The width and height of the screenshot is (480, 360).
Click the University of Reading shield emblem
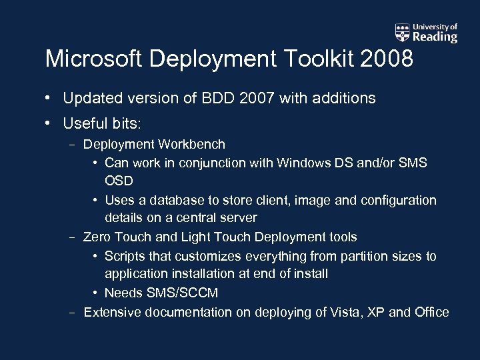pyautogui.click(x=402, y=32)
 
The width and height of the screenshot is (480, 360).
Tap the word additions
pyautogui.click(x=343, y=99)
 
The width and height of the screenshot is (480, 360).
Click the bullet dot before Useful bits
pyautogui.click(x=49, y=124)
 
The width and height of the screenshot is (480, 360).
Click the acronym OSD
pyautogui.click(x=119, y=181)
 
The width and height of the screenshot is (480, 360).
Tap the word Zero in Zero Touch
pyautogui.click(x=97, y=237)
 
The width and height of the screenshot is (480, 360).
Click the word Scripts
pyautogui.click(x=126, y=256)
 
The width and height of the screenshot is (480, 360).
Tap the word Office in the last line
pyautogui.click(x=431, y=312)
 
